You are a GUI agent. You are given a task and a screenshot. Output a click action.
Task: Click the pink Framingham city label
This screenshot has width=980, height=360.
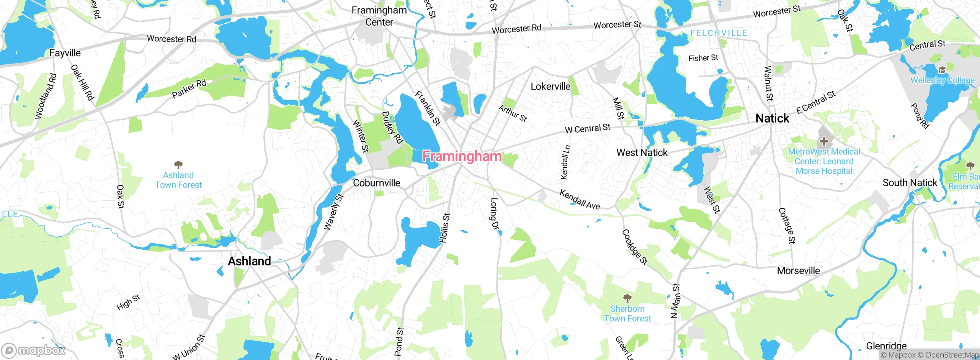pos(462,156)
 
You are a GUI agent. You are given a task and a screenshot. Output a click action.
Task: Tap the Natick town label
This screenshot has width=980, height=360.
pos(772,118)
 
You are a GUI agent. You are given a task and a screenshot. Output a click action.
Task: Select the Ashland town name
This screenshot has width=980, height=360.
pos(249,261)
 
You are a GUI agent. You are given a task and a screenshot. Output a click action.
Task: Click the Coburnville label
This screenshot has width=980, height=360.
pos(376,183)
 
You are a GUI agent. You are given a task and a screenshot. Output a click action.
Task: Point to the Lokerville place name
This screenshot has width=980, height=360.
pos(550,87)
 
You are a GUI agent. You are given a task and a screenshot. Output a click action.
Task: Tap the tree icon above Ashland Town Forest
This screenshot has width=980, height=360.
pos(178,165)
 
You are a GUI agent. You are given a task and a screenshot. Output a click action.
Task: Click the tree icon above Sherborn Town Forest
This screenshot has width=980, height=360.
pos(627,298)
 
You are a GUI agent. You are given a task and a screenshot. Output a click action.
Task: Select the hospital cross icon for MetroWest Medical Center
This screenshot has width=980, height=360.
pos(824,141)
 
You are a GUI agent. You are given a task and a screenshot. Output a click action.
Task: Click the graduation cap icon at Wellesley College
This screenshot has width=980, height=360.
pos(942,70)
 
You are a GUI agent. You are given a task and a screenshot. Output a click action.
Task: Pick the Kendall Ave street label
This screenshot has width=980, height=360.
pos(580,200)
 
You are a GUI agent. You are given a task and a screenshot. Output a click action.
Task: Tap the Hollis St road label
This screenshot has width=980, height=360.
pos(444,228)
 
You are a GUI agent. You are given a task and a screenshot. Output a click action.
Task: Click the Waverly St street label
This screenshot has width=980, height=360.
pos(333,212)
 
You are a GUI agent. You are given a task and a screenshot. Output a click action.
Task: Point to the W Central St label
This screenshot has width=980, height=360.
pos(588,128)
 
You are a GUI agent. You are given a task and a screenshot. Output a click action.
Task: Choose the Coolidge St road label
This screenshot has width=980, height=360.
pos(634,247)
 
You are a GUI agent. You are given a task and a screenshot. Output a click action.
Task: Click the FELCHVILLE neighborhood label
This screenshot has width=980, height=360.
pos(719,33)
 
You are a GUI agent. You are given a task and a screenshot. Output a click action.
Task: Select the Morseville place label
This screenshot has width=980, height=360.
pos(798,271)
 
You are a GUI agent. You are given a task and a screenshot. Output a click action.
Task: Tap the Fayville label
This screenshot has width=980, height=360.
pos(65,53)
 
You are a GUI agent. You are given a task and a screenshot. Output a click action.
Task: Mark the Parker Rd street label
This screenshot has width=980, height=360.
pos(189,89)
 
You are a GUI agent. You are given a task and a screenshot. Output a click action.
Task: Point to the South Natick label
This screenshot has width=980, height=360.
pos(910,183)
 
